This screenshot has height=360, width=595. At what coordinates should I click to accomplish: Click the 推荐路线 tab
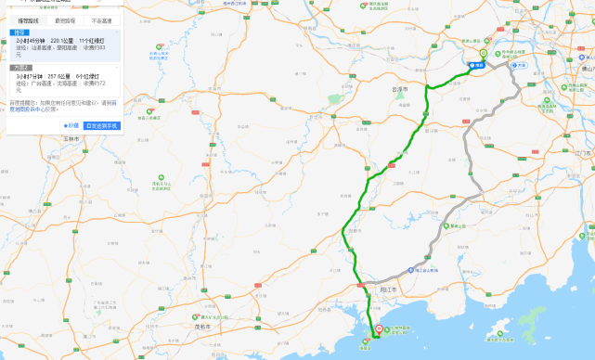27,19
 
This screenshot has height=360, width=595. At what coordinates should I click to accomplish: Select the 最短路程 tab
65,19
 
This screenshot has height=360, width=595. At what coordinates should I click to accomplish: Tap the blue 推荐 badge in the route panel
19,32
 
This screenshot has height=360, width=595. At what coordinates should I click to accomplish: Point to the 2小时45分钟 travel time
30,42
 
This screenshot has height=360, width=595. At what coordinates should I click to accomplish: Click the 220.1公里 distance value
62,42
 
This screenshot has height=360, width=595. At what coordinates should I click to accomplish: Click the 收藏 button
71,124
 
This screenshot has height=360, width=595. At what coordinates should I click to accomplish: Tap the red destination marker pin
378,329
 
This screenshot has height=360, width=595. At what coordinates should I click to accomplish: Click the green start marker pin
483,55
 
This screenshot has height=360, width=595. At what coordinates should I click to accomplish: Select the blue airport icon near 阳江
414,267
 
